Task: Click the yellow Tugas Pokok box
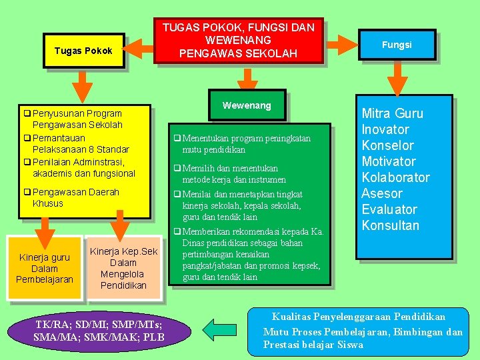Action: (x=83, y=51)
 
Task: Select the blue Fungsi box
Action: (x=397, y=45)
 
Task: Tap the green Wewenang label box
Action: (x=247, y=105)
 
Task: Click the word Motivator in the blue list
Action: (x=389, y=161)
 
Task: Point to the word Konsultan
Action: (x=391, y=225)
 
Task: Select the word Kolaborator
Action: (x=395, y=177)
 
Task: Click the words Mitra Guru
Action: (x=392, y=113)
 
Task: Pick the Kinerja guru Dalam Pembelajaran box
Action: (x=45, y=268)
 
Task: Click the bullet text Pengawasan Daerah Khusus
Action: (x=75, y=197)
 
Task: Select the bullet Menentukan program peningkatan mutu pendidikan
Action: (x=246, y=144)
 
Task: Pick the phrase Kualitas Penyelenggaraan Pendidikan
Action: (x=358, y=317)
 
